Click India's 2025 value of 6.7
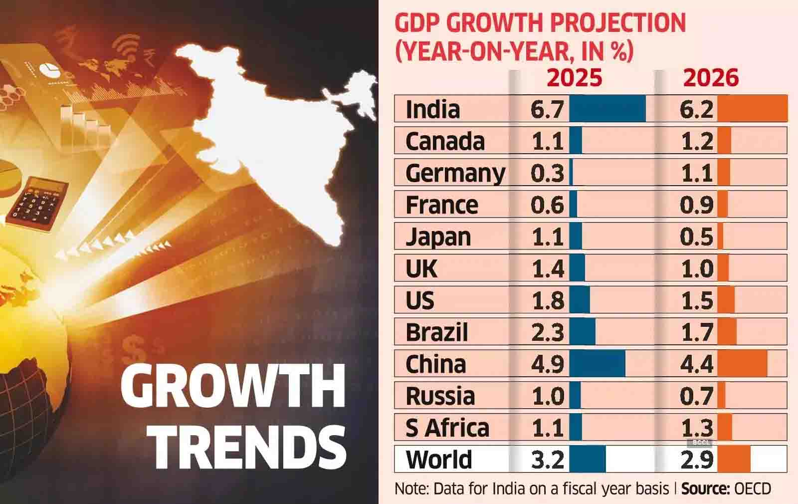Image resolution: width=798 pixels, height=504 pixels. point(547,109)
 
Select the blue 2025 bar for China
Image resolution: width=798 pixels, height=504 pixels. point(597,364)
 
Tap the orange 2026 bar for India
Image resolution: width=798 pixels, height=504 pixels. point(752,109)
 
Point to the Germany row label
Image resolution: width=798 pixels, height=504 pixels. point(455,173)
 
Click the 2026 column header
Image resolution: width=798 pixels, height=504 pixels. point(711,78)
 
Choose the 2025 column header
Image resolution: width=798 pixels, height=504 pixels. point(575,78)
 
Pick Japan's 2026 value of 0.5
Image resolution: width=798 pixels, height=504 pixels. point(696,237)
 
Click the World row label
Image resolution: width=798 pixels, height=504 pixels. point(439,460)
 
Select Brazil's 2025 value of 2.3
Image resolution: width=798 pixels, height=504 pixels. point(547,332)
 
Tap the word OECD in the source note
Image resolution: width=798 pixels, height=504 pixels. point(753,489)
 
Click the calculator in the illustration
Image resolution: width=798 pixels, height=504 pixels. point(37,204)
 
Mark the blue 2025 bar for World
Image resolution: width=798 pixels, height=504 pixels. point(587,459)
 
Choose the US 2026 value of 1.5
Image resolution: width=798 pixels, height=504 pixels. point(697,300)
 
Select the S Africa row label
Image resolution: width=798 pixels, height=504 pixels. point(447,428)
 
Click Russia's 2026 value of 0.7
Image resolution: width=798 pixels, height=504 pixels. point(696,396)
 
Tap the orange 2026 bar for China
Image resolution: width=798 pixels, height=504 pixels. point(742,364)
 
